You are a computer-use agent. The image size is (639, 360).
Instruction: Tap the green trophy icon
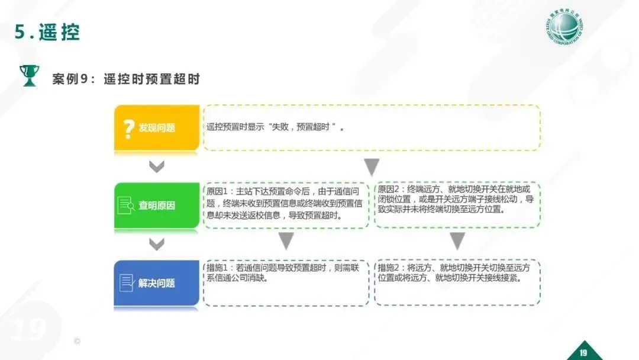click(28, 76)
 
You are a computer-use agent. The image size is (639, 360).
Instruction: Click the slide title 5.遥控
click(47, 32)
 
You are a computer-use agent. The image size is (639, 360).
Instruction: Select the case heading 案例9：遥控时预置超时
click(125, 79)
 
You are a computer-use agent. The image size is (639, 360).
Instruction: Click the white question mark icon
click(128, 128)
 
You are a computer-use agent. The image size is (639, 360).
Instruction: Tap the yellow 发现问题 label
click(157, 128)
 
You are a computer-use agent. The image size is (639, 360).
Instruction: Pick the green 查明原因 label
click(157, 206)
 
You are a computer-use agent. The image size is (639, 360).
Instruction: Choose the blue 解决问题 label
click(157, 283)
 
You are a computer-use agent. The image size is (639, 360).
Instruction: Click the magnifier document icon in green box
click(127, 205)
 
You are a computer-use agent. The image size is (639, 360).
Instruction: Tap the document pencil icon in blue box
click(127, 282)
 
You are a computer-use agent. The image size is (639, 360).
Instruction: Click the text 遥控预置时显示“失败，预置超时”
click(276, 127)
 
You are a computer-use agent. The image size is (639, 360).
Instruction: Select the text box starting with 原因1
click(286, 204)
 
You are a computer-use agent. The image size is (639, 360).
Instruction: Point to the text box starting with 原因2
click(456, 204)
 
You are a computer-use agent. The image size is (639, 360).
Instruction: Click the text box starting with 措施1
click(286, 282)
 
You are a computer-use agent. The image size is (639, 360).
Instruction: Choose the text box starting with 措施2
click(456, 282)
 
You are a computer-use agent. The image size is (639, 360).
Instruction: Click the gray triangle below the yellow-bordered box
click(371, 167)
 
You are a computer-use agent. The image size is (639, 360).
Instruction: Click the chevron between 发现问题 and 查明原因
click(156, 167)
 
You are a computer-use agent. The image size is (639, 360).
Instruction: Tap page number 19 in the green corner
click(583, 353)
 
